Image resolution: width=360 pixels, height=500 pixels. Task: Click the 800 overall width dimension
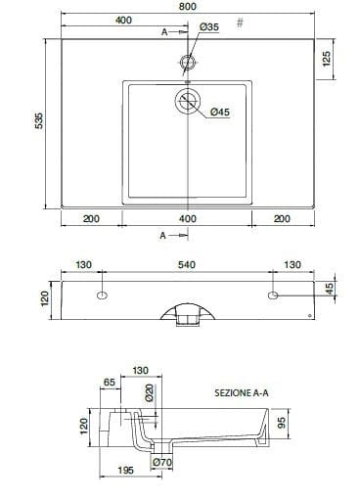(188, 6)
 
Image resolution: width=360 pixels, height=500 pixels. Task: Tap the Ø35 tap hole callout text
(209, 26)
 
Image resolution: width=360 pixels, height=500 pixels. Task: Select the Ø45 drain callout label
(220, 113)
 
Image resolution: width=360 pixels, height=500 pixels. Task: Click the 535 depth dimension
(39, 120)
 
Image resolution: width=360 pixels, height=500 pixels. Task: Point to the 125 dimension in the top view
(327, 59)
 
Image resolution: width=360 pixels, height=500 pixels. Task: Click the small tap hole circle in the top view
(188, 62)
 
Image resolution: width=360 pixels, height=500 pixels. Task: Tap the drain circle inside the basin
(188, 101)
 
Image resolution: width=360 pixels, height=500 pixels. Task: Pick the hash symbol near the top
(240, 23)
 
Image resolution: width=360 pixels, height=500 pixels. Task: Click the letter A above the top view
(164, 32)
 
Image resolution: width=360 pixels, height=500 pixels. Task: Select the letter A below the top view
(163, 236)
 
